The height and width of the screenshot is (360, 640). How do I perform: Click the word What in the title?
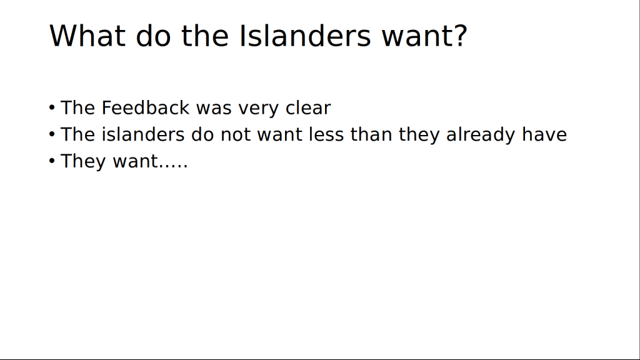click(x=87, y=36)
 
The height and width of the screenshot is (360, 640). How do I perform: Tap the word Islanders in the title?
click(x=305, y=36)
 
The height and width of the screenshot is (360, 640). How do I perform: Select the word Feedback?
click(x=145, y=108)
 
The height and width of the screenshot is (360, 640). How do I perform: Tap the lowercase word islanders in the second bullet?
click(x=143, y=135)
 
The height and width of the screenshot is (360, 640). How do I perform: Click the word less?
click(x=326, y=135)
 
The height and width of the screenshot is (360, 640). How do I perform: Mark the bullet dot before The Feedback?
click(x=52, y=108)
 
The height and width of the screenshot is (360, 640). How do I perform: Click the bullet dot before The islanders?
click(x=52, y=135)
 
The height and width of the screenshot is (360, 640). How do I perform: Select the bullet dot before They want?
click(x=52, y=161)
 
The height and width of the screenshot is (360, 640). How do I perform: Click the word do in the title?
click(x=153, y=36)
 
